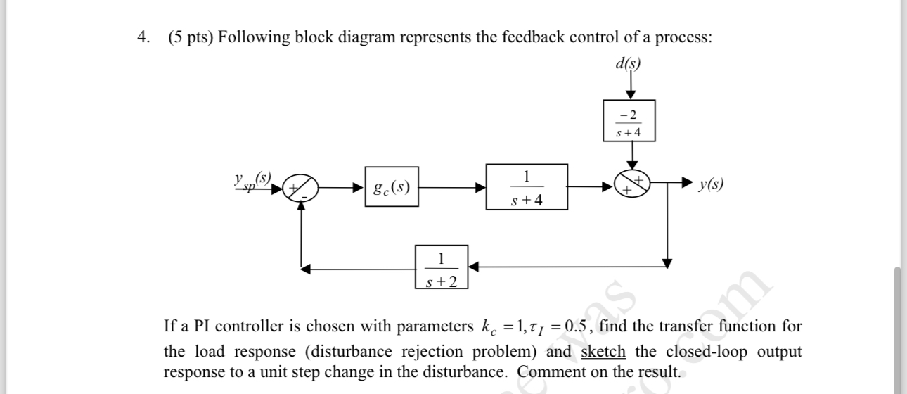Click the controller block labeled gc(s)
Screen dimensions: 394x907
[392, 186]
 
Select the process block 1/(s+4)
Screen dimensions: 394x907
[527, 187]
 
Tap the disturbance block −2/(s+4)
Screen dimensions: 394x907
[630, 121]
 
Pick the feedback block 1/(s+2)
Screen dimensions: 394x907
[441, 267]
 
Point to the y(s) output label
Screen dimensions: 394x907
[711, 184]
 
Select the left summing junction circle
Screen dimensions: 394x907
[301, 188]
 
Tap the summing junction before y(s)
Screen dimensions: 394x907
[631, 186]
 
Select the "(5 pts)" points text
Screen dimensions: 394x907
[191, 38]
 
